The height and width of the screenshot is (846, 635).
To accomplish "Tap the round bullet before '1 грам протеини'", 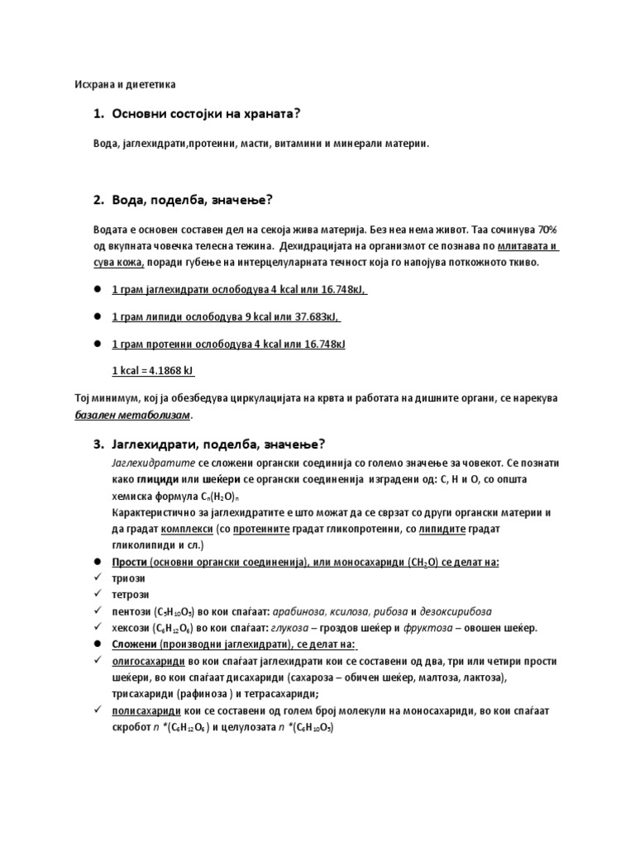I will point(97,343).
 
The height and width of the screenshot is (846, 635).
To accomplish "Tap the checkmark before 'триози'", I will point(97,578).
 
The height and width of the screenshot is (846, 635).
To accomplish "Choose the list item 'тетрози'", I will point(130,595).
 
